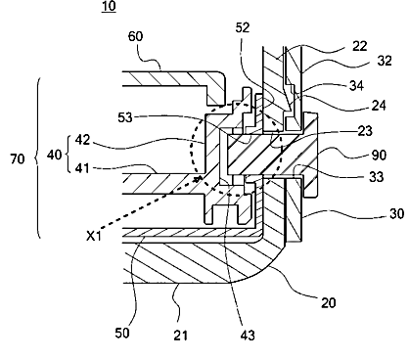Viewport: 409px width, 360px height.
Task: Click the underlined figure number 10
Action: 109,6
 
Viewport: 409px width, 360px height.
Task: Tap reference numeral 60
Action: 135,36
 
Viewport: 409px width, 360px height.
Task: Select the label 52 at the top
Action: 243,28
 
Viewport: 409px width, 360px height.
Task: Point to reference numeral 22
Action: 360,46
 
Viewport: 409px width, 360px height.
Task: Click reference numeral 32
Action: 385,61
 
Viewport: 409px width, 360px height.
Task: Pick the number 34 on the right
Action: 357,86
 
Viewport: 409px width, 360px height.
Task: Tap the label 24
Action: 379,105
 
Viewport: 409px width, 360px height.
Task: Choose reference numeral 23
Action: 365,131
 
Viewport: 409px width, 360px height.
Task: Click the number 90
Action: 379,156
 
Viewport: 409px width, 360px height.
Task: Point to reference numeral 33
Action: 377,177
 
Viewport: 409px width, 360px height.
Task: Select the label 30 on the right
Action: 396,214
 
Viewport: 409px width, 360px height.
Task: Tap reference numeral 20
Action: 329,303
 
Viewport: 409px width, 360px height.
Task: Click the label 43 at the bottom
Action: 248,335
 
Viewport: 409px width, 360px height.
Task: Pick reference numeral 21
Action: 180,335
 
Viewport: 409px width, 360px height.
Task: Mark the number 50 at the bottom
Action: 122,333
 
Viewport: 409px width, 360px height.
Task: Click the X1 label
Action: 94,236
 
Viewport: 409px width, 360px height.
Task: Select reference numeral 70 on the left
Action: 18,159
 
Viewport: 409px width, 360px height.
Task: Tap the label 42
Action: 82,140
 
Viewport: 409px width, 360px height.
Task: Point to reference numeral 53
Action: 125,117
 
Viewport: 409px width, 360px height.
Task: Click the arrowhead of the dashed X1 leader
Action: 198,178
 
